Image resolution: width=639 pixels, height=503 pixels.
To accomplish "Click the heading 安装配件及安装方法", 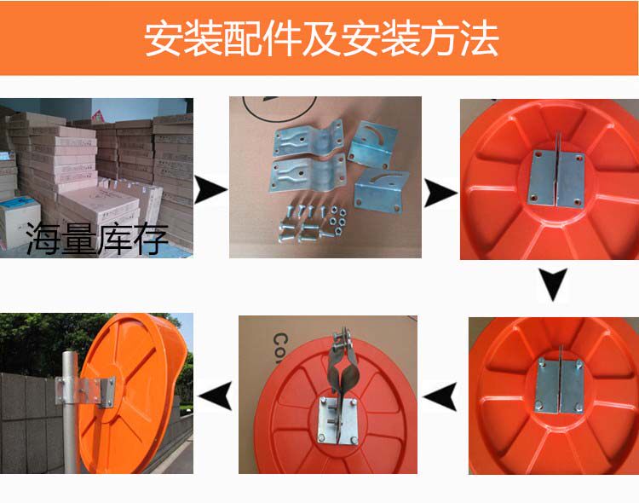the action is pos(321,38).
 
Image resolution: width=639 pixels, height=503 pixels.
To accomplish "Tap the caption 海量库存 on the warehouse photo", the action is pos(97,239).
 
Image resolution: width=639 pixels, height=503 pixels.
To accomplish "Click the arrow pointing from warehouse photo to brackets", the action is pos(210,189).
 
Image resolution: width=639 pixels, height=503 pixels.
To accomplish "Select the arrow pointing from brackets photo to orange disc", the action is pos(440,193).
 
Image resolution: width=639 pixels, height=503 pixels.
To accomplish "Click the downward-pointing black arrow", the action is pos(553,285).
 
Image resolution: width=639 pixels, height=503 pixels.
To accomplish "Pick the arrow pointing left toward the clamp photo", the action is pos(440,396).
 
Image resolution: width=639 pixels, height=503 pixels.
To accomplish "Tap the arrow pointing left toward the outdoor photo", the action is pos(216,395).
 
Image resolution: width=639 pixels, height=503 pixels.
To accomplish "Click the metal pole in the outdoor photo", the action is pos(70,411).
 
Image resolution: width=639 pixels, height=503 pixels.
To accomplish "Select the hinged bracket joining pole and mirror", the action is pos(85,391).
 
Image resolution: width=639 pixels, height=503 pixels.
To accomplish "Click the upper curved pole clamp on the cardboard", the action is pos(309,140).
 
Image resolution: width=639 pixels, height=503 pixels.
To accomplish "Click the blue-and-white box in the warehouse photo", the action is pos(20,223).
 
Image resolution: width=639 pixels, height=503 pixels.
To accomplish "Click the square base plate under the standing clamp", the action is pos(338,421).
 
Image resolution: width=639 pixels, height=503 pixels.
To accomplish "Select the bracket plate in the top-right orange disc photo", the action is pos(557,178).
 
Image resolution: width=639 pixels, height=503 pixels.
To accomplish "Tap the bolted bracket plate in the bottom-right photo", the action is pos(560,385).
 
